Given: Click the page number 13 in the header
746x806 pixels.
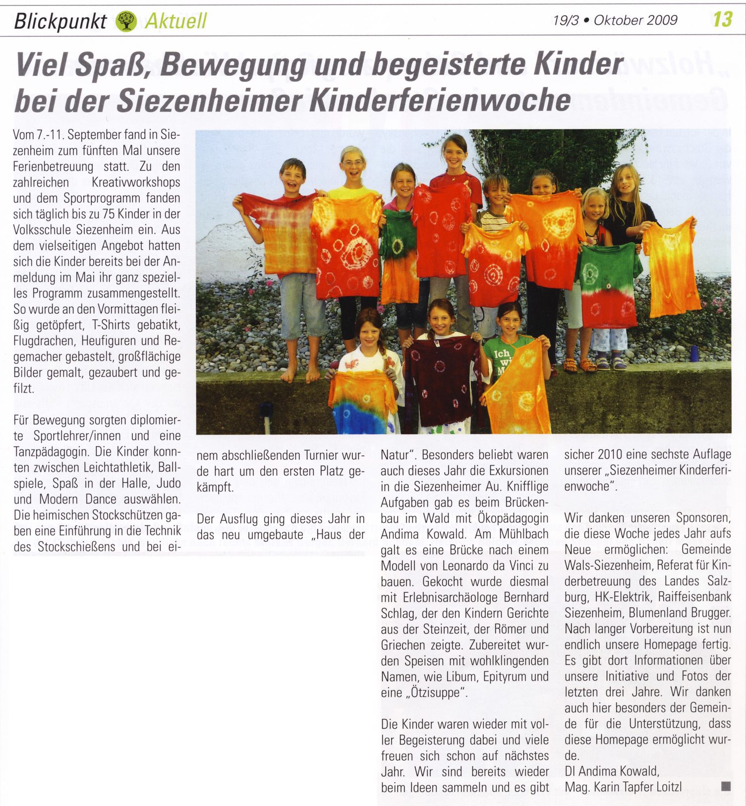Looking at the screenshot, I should point(722,20).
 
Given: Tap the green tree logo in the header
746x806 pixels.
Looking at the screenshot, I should point(126,21).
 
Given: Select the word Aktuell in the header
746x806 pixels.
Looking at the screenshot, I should point(175,21).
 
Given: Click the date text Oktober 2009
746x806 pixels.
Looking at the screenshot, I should point(635,20).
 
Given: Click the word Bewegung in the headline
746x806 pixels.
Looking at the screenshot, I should point(232,65).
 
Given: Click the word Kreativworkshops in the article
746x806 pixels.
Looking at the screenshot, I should point(136,182).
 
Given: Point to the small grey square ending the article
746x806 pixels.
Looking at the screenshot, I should point(726,786).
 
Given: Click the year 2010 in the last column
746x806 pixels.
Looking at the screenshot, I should point(611,455).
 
